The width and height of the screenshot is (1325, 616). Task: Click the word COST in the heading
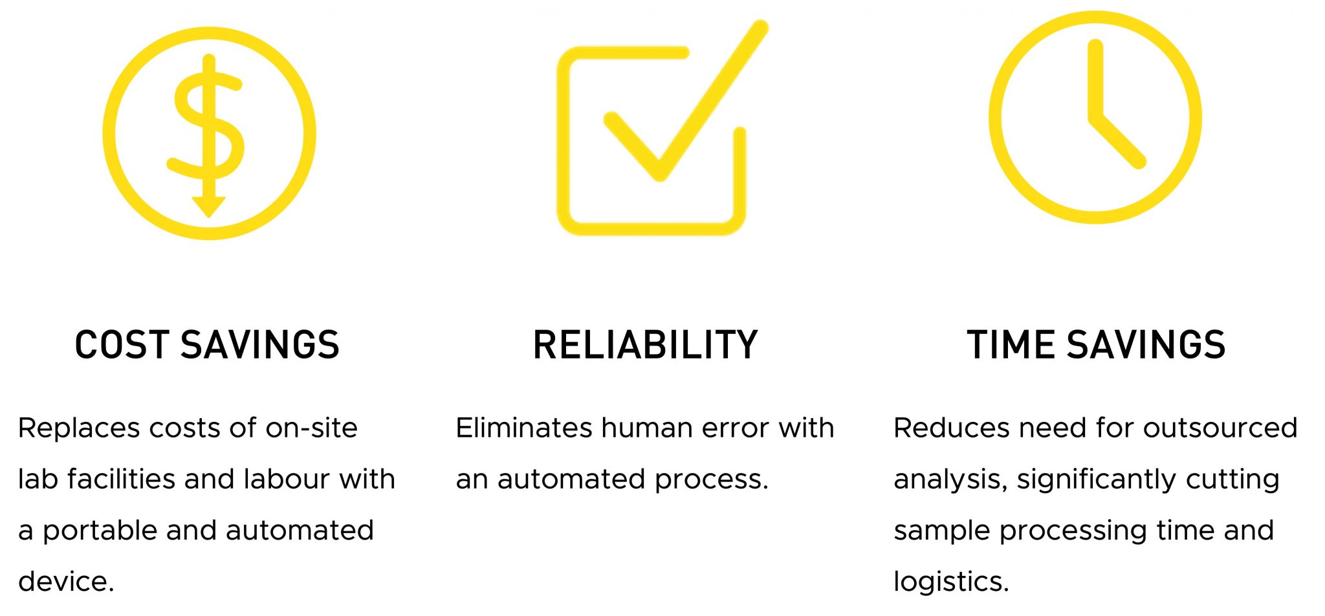[122, 344]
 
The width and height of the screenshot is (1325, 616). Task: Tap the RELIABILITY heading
[645, 344]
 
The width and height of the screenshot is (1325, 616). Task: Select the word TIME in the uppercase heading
[1010, 344]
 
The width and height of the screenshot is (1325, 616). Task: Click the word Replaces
[80, 428]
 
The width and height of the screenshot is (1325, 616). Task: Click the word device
[66, 582]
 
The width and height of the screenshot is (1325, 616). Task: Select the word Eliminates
[524, 428]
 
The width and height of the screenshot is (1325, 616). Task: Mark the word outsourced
[1220, 428]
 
